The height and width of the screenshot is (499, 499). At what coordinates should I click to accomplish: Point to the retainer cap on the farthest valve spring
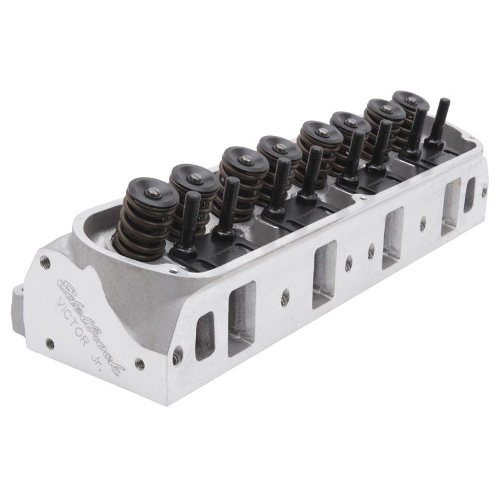pos(409,99)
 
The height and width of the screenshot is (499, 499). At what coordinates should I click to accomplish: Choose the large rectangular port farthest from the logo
pos(450,206)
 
